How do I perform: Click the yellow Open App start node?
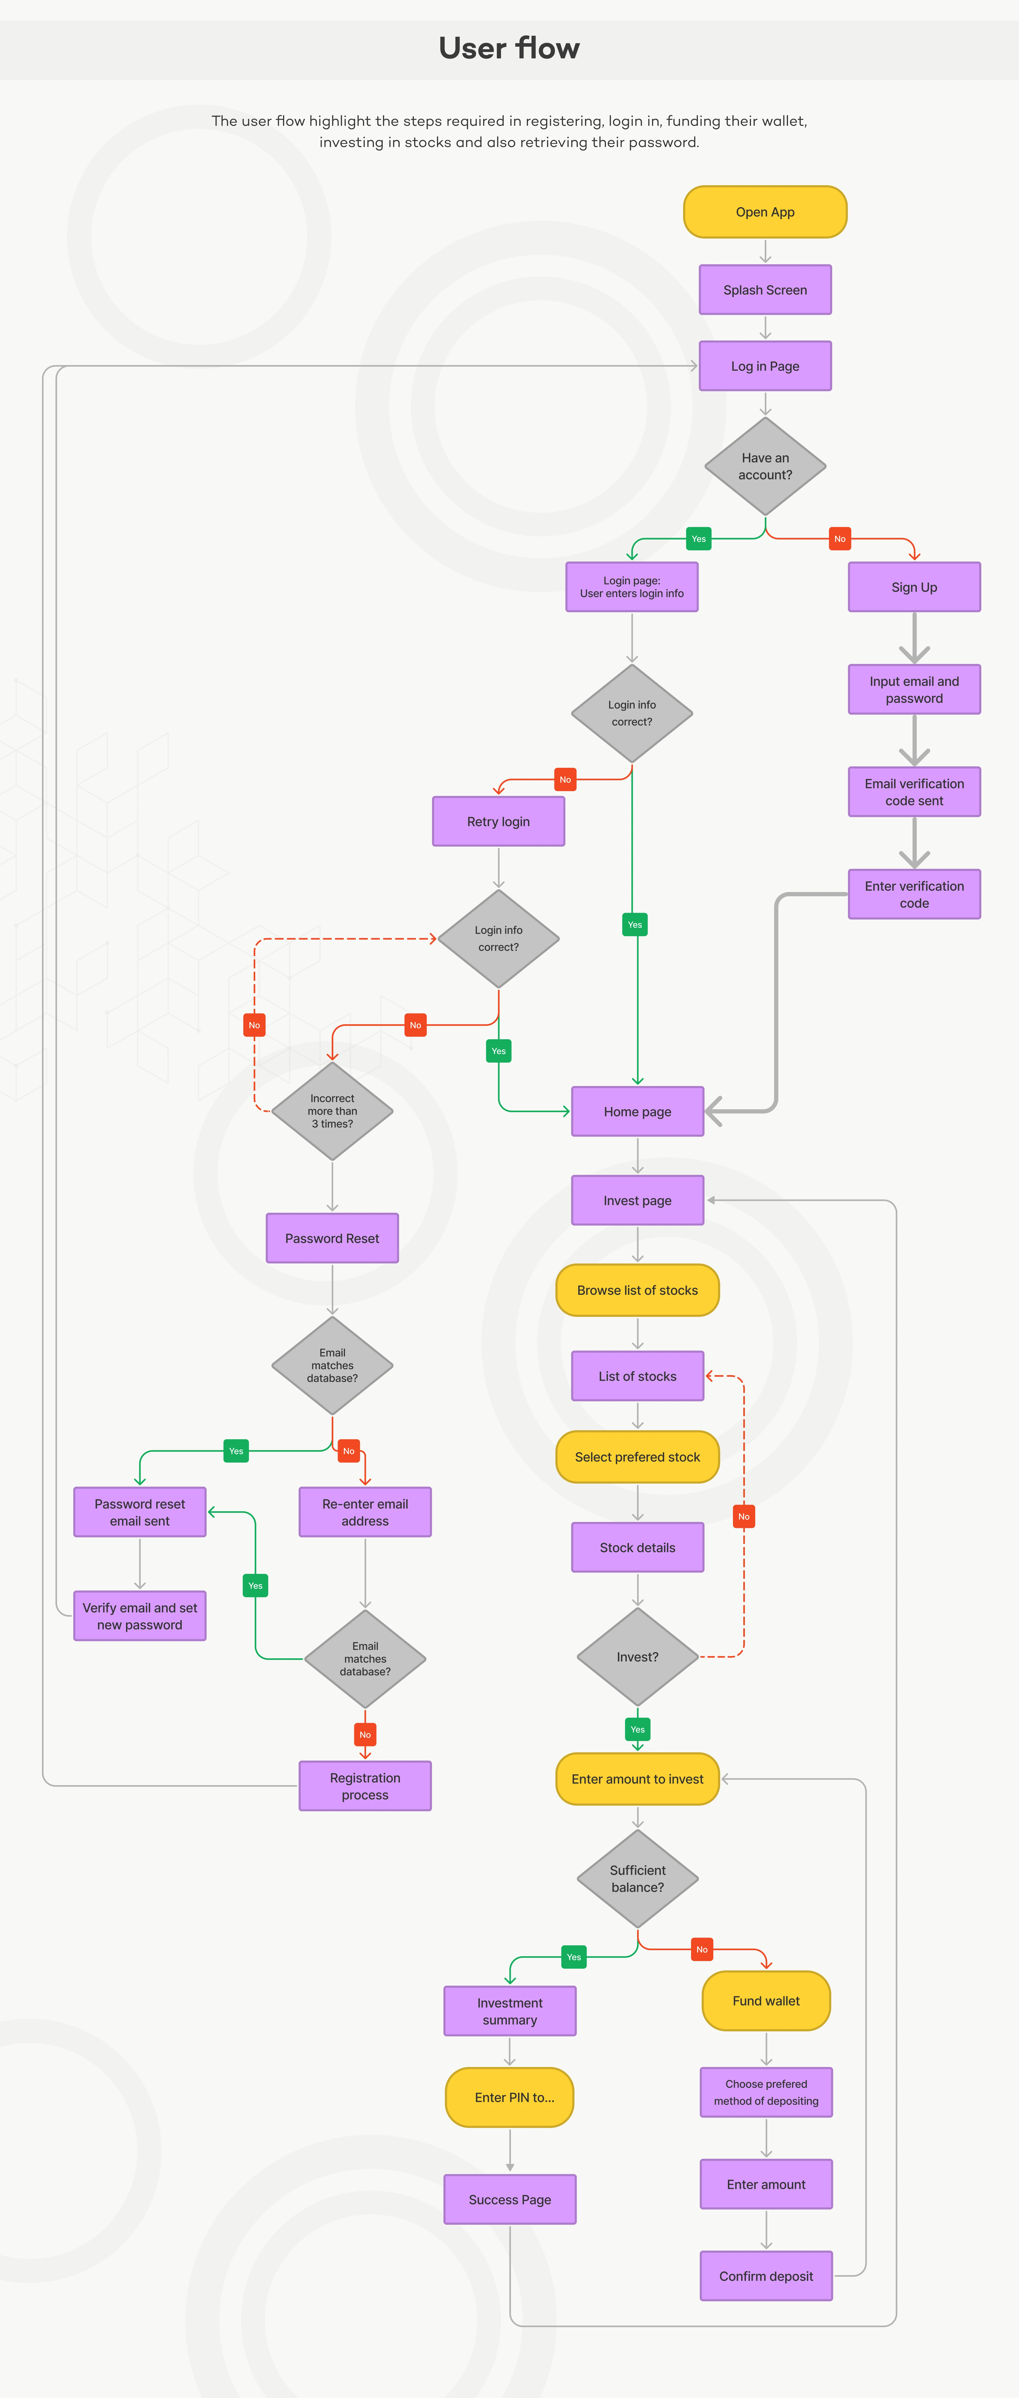pos(765,212)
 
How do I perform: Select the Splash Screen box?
pos(765,289)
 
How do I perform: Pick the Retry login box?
pos(498,821)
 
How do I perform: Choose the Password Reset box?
pos(333,1238)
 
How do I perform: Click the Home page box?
pos(637,1111)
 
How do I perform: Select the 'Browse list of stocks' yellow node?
pos(637,1290)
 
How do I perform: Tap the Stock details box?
pos(637,1547)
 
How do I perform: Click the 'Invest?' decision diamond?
pos(637,1657)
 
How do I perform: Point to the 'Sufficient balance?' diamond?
pos(637,1878)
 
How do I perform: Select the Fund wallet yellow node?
pos(766,2001)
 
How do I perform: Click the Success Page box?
pos(509,2200)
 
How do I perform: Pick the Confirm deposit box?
pos(766,2276)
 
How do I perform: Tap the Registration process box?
pos(365,1785)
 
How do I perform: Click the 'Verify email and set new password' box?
pos(140,1616)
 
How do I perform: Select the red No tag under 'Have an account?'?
pos(839,539)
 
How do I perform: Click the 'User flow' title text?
pos(509,48)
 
